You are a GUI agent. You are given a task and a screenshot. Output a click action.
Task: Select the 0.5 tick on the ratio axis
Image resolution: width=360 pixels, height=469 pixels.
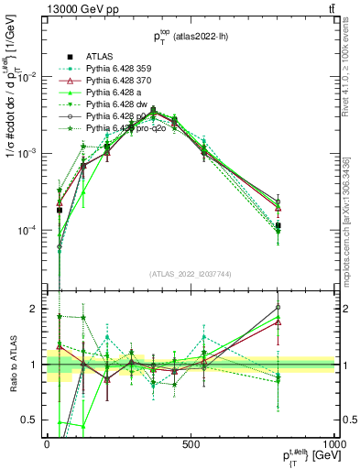tap(31, 420)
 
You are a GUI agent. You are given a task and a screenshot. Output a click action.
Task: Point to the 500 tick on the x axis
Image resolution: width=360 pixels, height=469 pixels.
tap(191, 443)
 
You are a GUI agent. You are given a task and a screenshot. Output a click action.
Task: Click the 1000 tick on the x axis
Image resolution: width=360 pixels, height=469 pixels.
tap(333, 443)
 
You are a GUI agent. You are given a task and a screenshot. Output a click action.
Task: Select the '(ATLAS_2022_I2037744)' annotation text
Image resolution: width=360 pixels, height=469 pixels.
tap(191, 274)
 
